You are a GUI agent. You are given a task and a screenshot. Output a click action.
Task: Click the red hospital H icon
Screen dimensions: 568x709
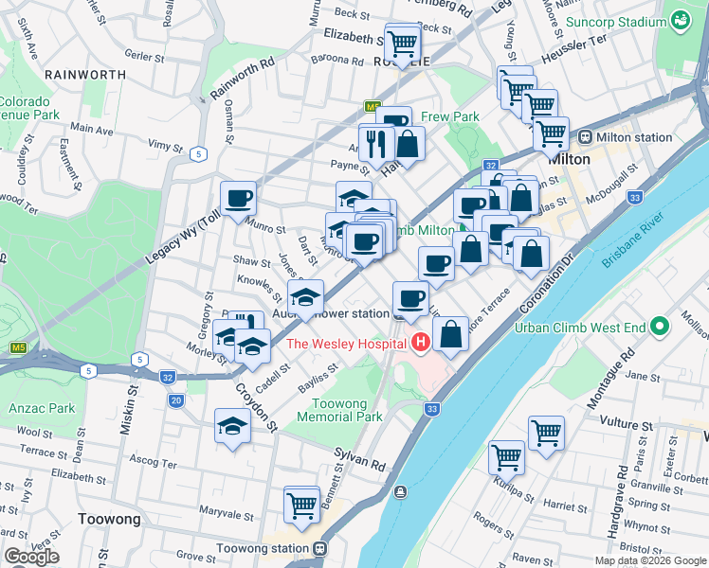click(x=421, y=344)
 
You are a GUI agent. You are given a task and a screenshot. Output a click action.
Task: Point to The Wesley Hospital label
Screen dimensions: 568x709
click(x=346, y=344)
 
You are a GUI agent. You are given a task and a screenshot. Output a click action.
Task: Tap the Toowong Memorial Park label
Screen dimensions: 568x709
click(x=339, y=409)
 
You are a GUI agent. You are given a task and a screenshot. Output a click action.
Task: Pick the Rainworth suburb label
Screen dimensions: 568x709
click(x=84, y=74)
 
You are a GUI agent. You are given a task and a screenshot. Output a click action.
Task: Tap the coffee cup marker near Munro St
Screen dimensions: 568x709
click(x=237, y=199)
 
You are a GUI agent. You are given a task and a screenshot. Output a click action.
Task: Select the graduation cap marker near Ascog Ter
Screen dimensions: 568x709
click(x=232, y=427)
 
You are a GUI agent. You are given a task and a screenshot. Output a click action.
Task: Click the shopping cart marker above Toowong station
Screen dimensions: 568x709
click(x=301, y=505)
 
